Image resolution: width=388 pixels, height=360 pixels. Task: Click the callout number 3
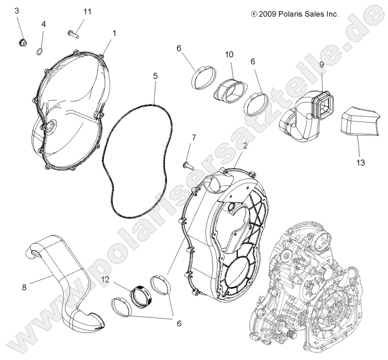pos(17,10)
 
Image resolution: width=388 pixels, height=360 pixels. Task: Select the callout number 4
pos(44,24)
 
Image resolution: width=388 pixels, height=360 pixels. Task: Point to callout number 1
pos(114,33)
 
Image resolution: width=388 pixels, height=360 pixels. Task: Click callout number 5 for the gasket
pos(156,76)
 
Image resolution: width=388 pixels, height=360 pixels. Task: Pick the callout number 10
pos(229,55)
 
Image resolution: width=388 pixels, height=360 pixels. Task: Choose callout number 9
pos(322,65)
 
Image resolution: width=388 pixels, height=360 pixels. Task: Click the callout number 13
pos(361,163)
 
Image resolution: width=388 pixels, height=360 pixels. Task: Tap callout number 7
pos(193,137)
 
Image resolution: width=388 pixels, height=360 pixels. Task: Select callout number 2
pos(244,146)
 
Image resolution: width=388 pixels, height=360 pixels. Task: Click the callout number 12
pos(106,280)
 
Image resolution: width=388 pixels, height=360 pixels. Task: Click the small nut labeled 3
pos(21,43)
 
